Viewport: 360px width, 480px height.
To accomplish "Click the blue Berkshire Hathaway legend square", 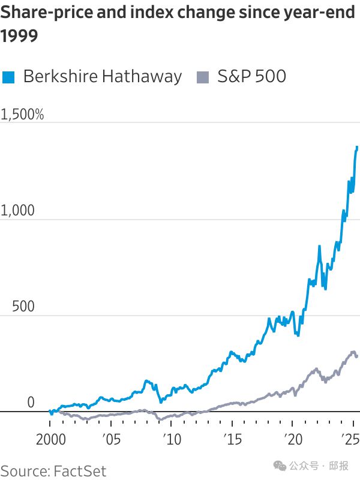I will [8, 77].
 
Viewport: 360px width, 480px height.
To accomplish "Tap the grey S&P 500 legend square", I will [203, 77].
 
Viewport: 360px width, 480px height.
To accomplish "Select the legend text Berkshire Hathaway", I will [102, 76].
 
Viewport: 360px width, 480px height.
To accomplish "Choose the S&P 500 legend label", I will [251, 76].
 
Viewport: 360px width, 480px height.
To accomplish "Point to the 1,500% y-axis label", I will [22, 114].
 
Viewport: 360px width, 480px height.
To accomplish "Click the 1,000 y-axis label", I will [18, 211].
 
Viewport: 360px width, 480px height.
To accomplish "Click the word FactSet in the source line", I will [80, 470].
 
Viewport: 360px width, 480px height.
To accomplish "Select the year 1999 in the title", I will [19, 37].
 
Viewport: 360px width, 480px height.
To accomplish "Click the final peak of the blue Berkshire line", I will [357, 147].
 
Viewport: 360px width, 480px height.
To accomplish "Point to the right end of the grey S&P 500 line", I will [358, 356].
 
